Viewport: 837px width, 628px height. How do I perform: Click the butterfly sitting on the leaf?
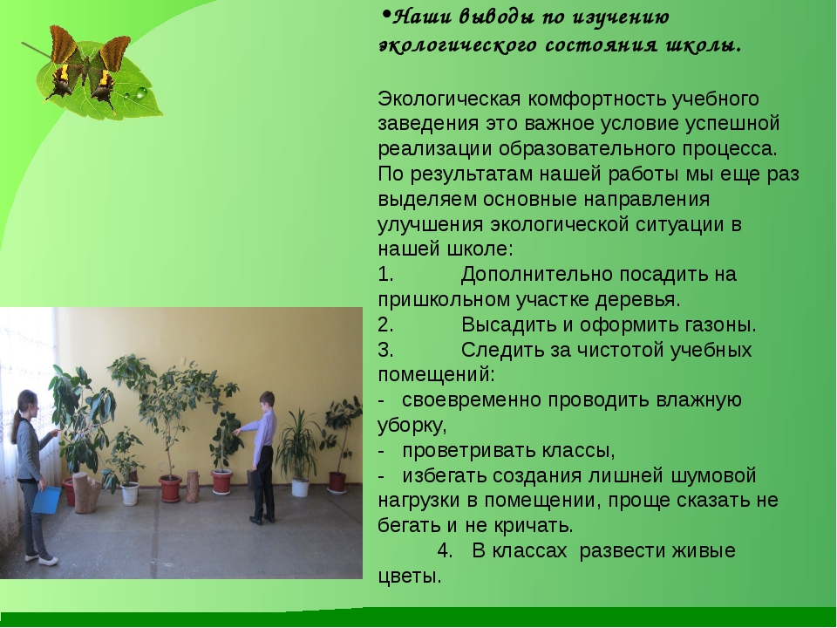[x=88, y=67]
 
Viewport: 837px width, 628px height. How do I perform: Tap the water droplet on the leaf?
[x=141, y=93]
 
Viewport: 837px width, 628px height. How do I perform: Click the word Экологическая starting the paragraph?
[x=449, y=99]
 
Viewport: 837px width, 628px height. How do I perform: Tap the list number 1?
[x=385, y=274]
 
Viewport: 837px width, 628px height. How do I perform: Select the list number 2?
[x=385, y=324]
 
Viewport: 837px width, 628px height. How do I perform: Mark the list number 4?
[x=444, y=550]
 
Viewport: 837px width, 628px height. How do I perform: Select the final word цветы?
[x=410, y=577]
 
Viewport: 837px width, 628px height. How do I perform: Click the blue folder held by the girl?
[x=46, y=500]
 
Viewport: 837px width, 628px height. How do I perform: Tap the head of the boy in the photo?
[x=267, y=400]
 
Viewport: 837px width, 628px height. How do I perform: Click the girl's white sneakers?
[x=42, y=558]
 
